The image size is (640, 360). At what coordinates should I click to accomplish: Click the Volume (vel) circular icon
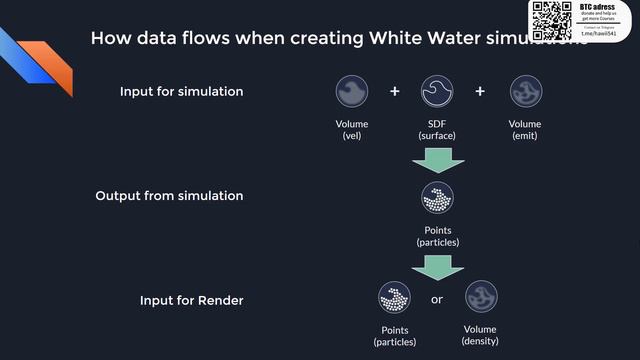[352, 91]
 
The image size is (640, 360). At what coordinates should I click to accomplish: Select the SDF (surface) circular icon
[437, 91]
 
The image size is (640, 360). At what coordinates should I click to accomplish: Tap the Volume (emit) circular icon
[525, 91]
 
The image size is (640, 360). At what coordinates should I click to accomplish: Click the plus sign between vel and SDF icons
[395, 91]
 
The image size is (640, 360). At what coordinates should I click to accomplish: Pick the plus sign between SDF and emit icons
[480, 91]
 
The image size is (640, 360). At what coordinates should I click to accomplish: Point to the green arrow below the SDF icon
[437, 159]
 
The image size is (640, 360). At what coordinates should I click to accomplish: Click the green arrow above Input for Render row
[437, 265]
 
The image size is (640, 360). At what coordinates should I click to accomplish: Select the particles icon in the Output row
[437, 198]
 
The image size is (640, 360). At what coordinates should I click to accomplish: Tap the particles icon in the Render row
[394, 298]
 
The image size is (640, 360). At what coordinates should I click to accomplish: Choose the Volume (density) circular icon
[481, 298]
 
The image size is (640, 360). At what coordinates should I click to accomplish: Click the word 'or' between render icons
[437, 299]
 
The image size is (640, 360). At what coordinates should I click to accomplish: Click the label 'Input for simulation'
[181, 92]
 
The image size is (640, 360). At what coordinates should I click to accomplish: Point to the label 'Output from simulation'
[169, 196]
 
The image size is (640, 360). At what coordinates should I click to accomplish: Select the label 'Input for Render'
[191, 300]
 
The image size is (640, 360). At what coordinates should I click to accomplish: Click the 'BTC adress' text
[595, 6]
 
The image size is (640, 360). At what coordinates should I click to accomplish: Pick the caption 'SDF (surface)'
[437, 130]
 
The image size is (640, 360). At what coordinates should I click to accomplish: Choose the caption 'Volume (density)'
[481, 336]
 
